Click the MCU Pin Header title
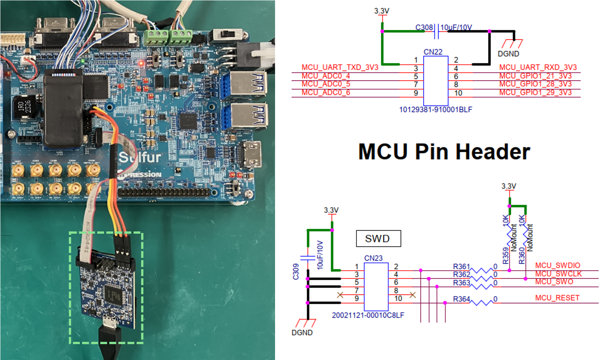[444, 152]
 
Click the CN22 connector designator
[433, 52]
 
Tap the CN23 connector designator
[373, 258]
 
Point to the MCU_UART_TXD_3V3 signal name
[339, 67]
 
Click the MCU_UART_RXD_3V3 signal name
[538, 67]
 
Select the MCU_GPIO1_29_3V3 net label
[535, 93]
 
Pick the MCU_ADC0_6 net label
[325, 93]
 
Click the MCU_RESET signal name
[557, 298]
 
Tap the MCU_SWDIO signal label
[557, 265]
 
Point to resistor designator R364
[461, 299]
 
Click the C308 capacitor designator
[424, 28]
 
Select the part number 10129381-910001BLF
[435, 110]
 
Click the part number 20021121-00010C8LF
[368, 315]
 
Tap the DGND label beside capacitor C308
[508, 54]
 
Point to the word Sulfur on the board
[140, 157]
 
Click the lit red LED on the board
[142, 63]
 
